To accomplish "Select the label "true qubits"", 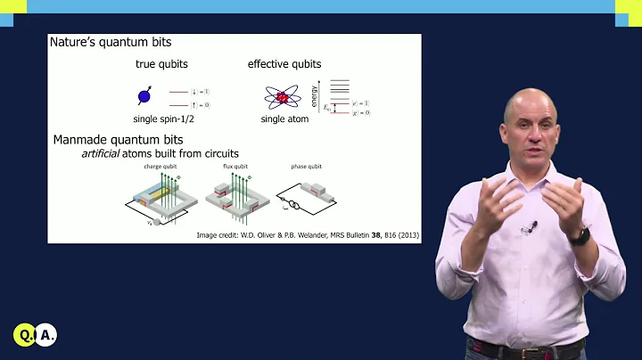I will (160, 64).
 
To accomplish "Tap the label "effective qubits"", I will (284, 64).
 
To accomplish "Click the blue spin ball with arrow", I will (144, 96).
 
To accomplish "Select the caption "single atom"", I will (285, 119).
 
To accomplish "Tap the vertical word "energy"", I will (314, 92).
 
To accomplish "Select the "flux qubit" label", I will (235, 167).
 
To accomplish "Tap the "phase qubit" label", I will (305, 167).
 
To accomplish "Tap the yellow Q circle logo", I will (24, 336).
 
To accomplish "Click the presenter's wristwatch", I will (580, 236).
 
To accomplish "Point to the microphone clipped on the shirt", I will (531, 226).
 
